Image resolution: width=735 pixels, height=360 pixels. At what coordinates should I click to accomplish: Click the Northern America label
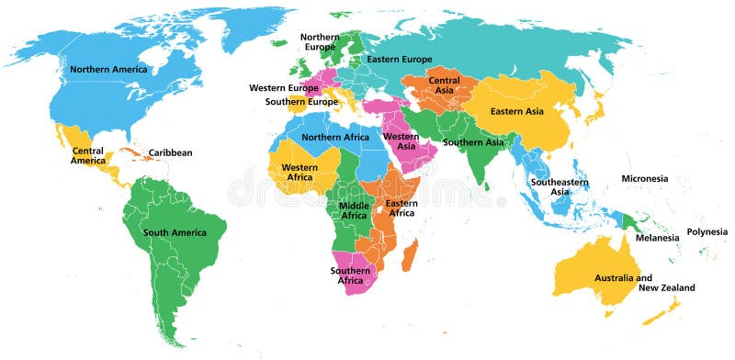tap(109, 69)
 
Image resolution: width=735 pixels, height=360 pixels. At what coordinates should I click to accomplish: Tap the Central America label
tap(88, 155)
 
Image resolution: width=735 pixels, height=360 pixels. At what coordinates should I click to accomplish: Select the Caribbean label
tap(171, 152)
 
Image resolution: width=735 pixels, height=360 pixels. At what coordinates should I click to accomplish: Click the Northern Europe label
tap(321, 41)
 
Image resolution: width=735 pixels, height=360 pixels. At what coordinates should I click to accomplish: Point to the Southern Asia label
tap(473, 142)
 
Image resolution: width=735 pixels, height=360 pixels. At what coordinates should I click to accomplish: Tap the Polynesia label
tap(707, 231)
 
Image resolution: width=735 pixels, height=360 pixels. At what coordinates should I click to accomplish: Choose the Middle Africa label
tap(354, 209)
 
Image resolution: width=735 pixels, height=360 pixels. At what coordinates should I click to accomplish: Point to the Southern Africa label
tap(353, 275)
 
